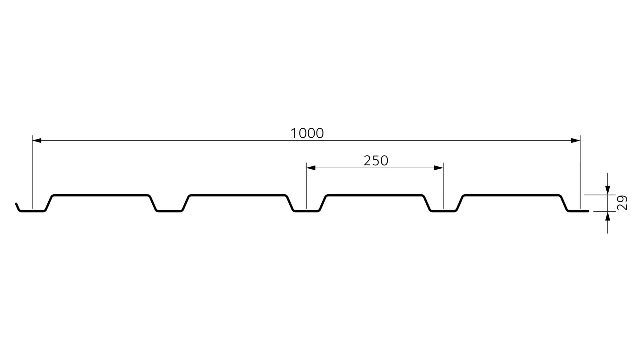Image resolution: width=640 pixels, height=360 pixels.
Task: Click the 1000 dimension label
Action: (x=307, y=133)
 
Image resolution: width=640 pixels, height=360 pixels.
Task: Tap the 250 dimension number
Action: (x=376, y=161)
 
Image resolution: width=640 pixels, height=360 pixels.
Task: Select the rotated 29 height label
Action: (x=622, y=203)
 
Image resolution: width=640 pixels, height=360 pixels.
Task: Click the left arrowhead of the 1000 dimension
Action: (x=37, y=141)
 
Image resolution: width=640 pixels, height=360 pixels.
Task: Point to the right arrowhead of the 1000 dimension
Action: (x=576, y=141)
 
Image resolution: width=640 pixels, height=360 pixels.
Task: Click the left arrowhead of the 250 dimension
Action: (x=311, y=168)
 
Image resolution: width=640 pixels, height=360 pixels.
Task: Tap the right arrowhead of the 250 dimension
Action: (x=439, y=168)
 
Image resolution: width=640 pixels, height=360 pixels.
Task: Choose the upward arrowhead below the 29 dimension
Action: (x=608, y=216)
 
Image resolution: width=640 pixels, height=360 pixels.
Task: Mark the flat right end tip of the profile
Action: (x=587, y=211)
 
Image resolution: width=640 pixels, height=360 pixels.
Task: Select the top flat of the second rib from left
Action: (x=238, y=195)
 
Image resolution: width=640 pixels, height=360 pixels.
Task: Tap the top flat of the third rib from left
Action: (x=375, y=195)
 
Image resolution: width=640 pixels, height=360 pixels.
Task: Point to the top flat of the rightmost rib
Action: (x=512, y=195)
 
